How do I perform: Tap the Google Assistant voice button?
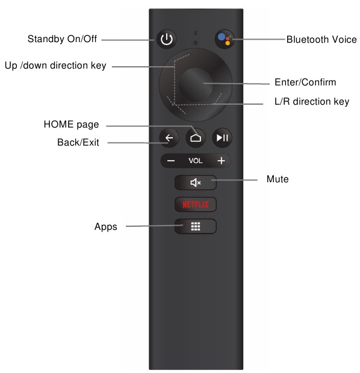point(225,40)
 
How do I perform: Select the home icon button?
point(195,138)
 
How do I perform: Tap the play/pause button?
point(222,138)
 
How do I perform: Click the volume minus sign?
point(171,161)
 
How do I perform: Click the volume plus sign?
point(221,161)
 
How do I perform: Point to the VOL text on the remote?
point(196,161)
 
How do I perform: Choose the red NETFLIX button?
point(195,205)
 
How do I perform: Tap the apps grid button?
point(195,227)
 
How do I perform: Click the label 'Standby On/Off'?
point(63,40)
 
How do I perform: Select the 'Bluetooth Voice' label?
point(321,40)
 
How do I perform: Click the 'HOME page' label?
point(71,125)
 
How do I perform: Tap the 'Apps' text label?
point(105,227)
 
